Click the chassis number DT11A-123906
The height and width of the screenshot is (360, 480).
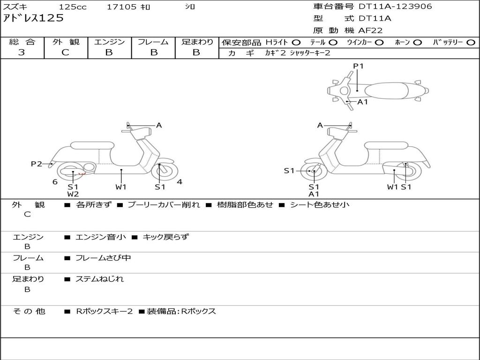pyautogui.click(x=395, y=7)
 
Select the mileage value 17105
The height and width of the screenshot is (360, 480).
pyautogui.click(x=121, y=7)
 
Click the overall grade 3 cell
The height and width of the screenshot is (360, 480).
pyautogui.click(x=22, y=52)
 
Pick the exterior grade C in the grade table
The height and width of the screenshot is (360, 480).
pyautogui.click(x=65, y=52)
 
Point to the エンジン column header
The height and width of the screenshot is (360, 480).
pyautogui.click(x=109, y=42)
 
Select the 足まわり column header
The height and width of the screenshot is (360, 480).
pyautogui.click(x=197, y=42)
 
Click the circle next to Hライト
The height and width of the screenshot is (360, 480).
pyautogui.click(x=297, y=42)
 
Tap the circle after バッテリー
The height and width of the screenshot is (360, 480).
pyautogui.click(x=471, y=42)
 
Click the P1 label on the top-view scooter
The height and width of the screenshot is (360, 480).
pyautogui.click(x=358, y=66)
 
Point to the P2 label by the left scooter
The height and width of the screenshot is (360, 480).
pyautogui.click(x=36, y=164)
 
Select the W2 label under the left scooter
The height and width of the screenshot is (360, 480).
pyautogui.click(x=73, y=194)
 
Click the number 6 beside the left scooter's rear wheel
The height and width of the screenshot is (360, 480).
pyautogui.click(x=55, y=182)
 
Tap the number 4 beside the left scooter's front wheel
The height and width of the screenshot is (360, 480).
pyautogui.click(x=180, y=182)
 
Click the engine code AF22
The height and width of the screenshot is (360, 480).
pyautogui.click(x=370, y=30)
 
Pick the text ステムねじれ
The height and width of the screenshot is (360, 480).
pyautogui.click(x=100, y=279)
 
